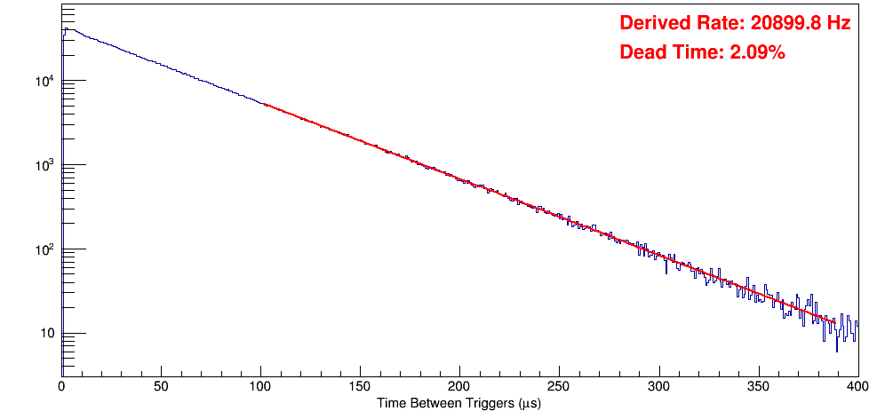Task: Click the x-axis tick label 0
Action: (x=61, y=386)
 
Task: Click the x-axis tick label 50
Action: (x=161, y=386)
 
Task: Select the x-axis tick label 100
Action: (x=260, y=386)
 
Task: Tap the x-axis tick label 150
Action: (x=360, y=386)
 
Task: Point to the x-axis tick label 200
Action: (x=459, y=386)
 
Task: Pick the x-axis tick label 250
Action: (x=559, y=386)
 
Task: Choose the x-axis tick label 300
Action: (x=658, y=386)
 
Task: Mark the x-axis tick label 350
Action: (x=758, y=386)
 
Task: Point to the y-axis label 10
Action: (x=45, y=335)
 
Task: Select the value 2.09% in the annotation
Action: (x=757, y=52)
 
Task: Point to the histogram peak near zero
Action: (x=65, y=28)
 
